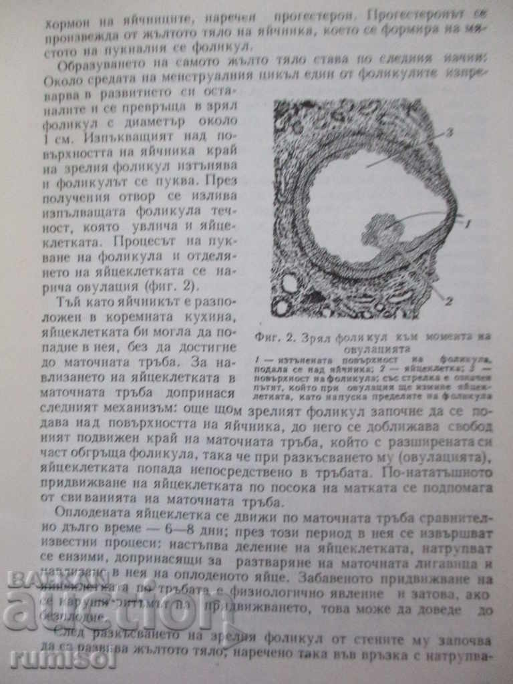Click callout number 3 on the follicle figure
click(x=449, y=132)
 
